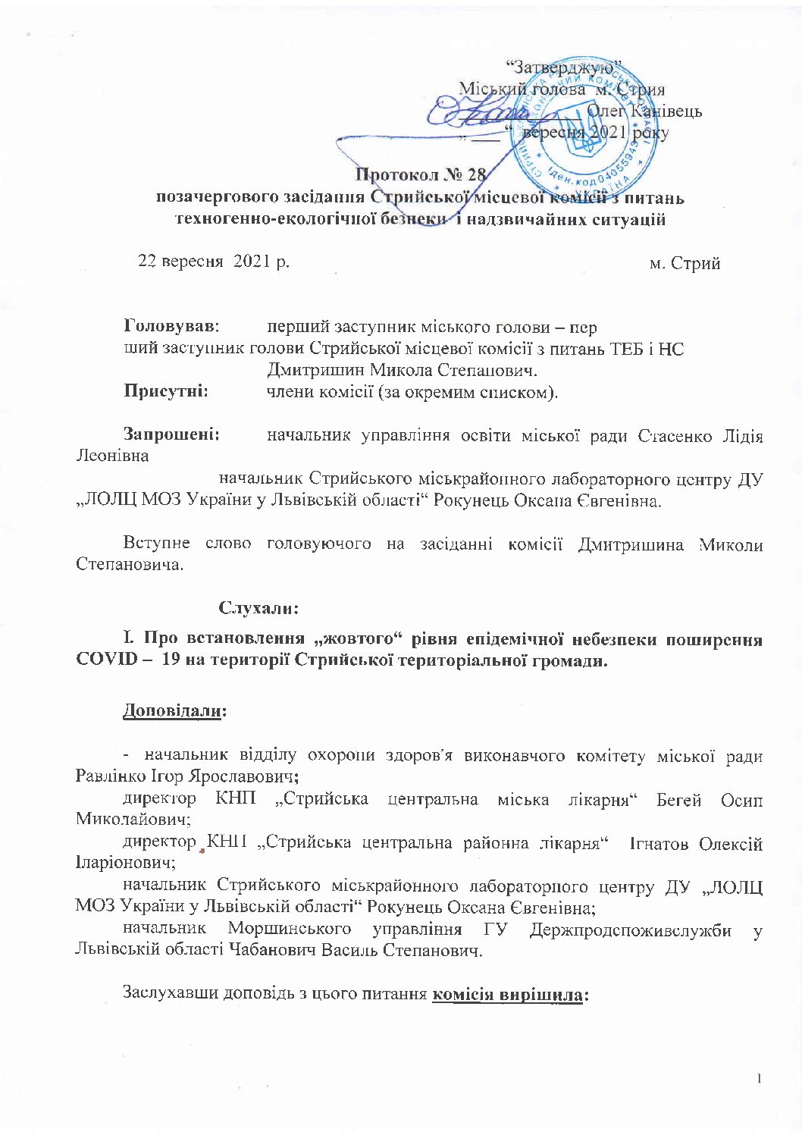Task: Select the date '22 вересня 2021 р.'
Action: [214, 262]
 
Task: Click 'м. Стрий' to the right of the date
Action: [685, 264]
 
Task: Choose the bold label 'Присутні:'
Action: [167, 392]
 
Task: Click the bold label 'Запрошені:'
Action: [172, 435]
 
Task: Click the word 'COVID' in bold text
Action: [106, 660]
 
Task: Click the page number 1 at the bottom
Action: [758, 1078]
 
